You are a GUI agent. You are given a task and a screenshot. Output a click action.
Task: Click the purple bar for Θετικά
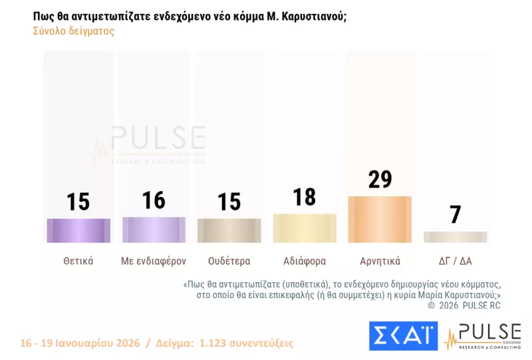(x=78, y=230)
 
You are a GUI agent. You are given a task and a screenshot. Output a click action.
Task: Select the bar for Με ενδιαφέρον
(x=154, y=230)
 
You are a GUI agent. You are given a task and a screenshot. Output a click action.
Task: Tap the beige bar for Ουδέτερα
(x=229, y=230)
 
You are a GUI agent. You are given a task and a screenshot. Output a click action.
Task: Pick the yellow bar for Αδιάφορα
(x=305, y=228)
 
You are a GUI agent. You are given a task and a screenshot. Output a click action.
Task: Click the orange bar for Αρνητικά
(x=380, y=219)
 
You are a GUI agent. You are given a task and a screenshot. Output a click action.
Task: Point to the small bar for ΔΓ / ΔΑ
(x=456, y=237)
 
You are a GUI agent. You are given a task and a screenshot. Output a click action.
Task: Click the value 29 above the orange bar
(x=380, y=180)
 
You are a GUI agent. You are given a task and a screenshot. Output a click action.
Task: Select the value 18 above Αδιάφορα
(x=305, y=198)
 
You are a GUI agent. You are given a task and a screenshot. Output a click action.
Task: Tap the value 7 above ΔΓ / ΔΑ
(x=456, y=215)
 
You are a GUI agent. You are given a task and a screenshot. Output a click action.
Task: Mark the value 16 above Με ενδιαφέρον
(x=154, y=200)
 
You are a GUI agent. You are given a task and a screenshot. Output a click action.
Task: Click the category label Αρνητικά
(x=380, y=261)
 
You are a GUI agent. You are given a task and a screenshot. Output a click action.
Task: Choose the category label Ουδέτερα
(x=229, y=261)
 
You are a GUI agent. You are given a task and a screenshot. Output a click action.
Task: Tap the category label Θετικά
(x=78, y=261)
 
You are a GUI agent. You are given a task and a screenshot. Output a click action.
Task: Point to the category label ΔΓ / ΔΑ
(x=456, y=261)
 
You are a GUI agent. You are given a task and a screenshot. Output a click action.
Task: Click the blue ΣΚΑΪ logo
(x=403, y=335)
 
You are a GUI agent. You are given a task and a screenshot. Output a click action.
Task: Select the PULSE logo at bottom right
(x=483, y=335)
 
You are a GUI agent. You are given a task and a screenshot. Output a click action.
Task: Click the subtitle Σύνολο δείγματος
(x=73, y=31)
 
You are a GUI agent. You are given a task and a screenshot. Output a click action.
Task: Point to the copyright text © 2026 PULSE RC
(x=464, y=305)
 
